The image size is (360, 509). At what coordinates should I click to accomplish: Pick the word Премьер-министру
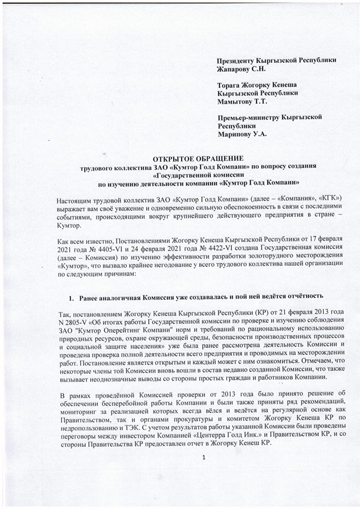247,118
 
